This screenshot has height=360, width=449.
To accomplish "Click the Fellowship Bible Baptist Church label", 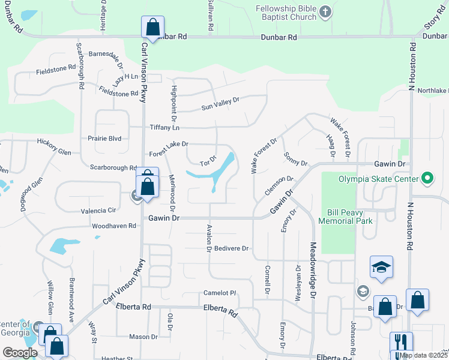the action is (x=286, y=13).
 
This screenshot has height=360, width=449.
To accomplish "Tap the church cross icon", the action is (x=325, y=12).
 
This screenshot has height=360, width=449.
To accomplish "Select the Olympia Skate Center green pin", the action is (x=427, y=178).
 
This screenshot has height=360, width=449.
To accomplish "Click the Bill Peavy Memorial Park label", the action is (x=350, y=217).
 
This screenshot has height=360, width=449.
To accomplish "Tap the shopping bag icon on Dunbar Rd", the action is (x=152, y=28).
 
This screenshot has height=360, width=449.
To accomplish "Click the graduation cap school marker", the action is (x=381, y=268).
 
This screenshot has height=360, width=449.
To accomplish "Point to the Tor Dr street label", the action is (x=207, y=162).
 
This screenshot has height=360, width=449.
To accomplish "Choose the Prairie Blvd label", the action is (x=104, y=138).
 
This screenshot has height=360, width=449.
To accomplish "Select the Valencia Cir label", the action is (x=98, y=211).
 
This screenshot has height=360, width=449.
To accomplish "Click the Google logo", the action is (x=20, y=353).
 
